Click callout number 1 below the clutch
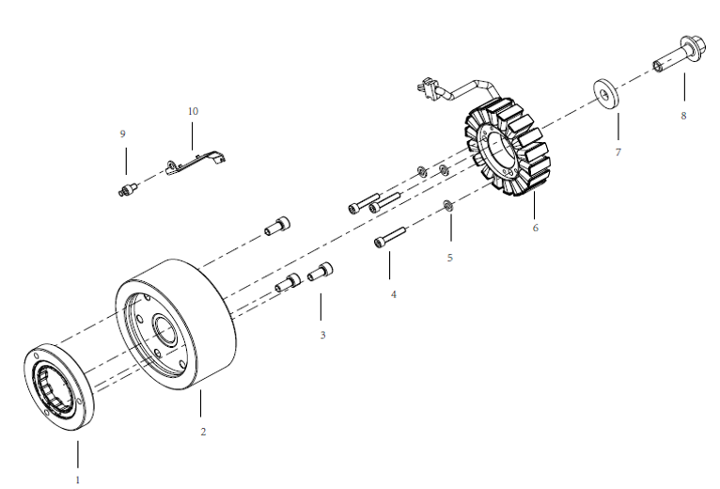click(x=78, y=479)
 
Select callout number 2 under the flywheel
click(x=203, y=432)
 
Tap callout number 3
click(x=322, y=334)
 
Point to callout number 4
click(x=394, y=294)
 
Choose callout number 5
click(x=449, y=257)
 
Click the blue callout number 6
click(x=535, y=228)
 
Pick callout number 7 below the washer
click(x=618, y=150)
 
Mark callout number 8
click(x=683, y=116)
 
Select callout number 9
click(x=122, y=134)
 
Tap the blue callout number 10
click(x=193, y=111)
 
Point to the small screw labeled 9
click(x=125, y=191)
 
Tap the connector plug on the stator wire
click(x=427, y=89)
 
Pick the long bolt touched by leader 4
click(x=389, y=236)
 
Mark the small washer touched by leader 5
click(x=447, y=206)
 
